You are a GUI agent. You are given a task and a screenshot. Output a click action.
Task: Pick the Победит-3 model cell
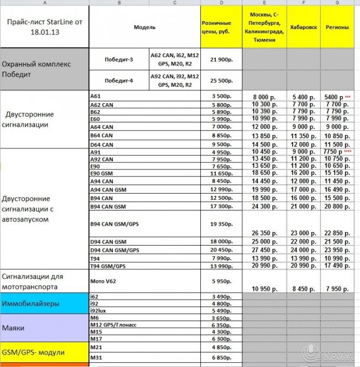[x=119, y=59]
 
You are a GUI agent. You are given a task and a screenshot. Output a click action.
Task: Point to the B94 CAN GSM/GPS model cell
[x=114, y=223]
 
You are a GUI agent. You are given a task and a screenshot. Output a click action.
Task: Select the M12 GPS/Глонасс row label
[x=112, y=325]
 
